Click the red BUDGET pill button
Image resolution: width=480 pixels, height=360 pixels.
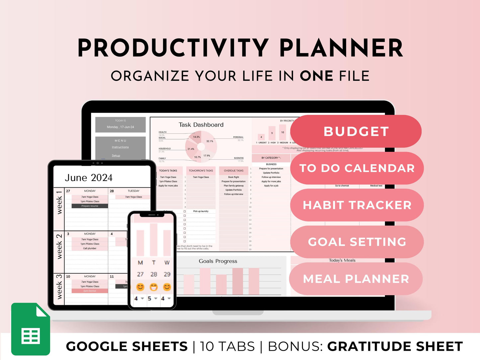(356, 132)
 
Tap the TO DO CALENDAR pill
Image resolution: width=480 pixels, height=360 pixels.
(357, 168)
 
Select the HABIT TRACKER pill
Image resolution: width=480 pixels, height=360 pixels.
(357, 205)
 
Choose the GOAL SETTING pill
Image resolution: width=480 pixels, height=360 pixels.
(357, 242)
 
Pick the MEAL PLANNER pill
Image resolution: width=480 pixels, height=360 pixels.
(356, 279)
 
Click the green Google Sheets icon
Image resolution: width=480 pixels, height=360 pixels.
(31, 329)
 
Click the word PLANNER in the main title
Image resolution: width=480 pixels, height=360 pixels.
(341, 48)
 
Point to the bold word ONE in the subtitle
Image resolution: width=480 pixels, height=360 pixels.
(316, 76)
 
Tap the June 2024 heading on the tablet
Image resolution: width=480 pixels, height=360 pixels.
(89, 178)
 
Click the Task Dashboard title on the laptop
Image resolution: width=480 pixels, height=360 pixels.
(201, 125)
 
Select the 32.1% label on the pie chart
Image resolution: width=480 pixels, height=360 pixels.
(210, 141)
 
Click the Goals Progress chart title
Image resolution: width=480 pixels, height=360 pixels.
(218, 261)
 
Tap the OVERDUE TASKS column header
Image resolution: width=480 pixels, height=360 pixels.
(234, 171)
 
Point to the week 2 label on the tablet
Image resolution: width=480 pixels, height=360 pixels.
(59, 247)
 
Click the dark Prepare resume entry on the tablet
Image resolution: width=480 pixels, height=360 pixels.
(90, 206)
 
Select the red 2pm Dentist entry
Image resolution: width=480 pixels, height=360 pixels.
(90, 291)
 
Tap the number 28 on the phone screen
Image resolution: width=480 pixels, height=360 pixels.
(153, 274)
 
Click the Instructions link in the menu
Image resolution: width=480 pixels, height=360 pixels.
(120, 147)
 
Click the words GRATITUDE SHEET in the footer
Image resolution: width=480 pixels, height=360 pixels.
(395, 347)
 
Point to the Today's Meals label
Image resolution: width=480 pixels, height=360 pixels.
(342, 260)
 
